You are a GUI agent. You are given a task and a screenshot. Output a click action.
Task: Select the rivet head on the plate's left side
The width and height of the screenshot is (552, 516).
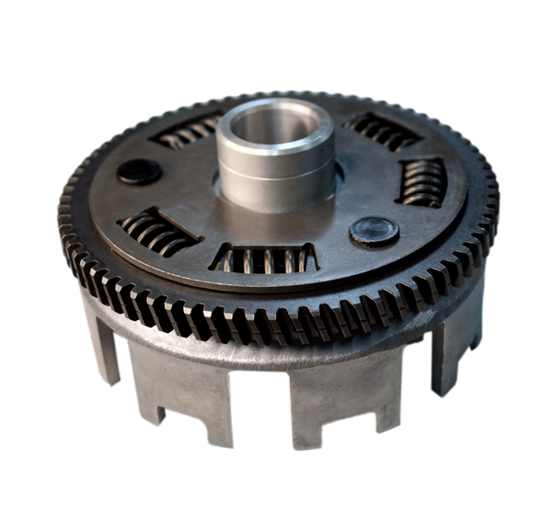[140, 172]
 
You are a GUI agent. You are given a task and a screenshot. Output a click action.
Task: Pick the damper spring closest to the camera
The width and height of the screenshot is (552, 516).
[263, 258]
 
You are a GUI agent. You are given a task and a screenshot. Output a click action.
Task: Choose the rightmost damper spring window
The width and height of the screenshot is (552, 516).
[420, 181]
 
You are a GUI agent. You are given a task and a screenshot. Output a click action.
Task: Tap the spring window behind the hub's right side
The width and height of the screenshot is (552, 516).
[383, 132]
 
